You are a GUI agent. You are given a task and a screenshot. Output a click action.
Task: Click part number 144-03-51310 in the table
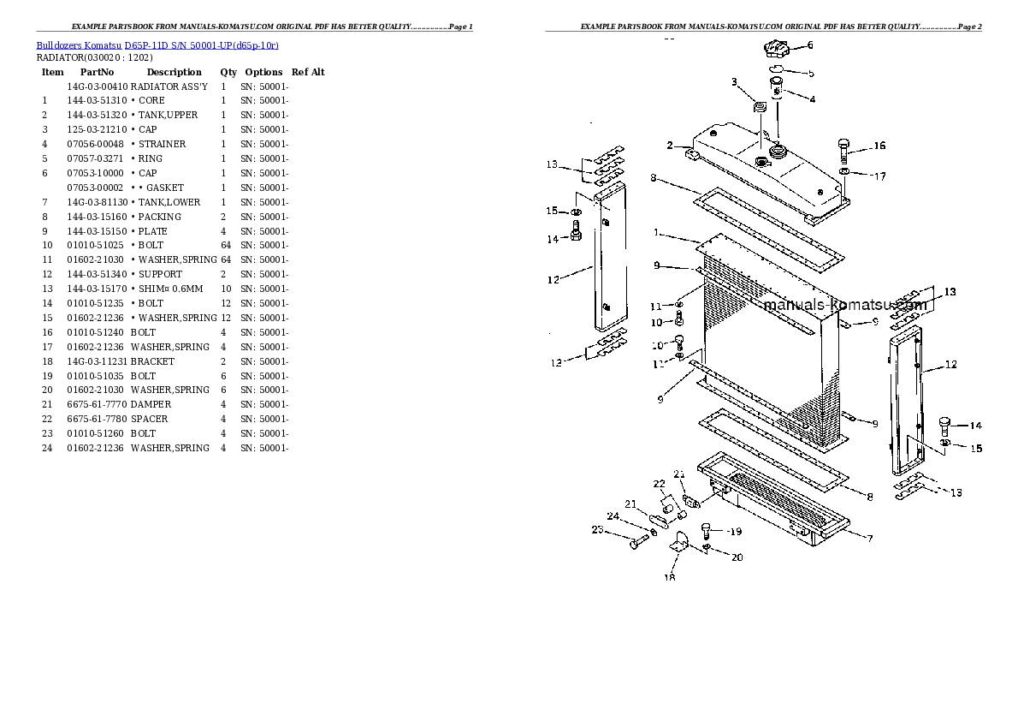click(x=97, y=100)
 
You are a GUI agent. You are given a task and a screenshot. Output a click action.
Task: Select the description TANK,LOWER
click(x=169, y=202)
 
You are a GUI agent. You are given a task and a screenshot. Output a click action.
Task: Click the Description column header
click(x=174, y=72)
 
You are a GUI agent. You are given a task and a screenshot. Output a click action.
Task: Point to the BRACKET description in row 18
click(x=152, y=361)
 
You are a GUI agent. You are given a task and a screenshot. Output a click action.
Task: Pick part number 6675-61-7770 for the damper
click(x=97, y=404)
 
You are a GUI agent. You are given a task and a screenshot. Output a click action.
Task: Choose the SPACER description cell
click(x=150, y=419)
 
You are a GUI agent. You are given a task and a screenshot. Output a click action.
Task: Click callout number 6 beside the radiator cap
click(x=810, y=45)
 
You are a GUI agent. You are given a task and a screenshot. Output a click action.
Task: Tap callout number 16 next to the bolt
click(x=879, y=146)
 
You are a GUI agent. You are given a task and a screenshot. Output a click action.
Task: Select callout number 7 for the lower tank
click(x=870, y=539)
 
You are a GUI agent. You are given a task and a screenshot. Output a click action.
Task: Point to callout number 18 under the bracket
click(x=670, y=577)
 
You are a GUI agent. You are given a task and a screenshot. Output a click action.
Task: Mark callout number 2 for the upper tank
click(x=671, y=145)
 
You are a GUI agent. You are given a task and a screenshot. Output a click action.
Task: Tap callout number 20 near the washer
click(x=737, y=558)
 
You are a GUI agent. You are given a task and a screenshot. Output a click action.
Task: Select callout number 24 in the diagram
click(x=613, y=515)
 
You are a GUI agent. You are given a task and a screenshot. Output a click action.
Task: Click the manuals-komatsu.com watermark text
click(x=843, y=305)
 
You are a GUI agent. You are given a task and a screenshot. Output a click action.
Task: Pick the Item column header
click(x=52, y=72)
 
